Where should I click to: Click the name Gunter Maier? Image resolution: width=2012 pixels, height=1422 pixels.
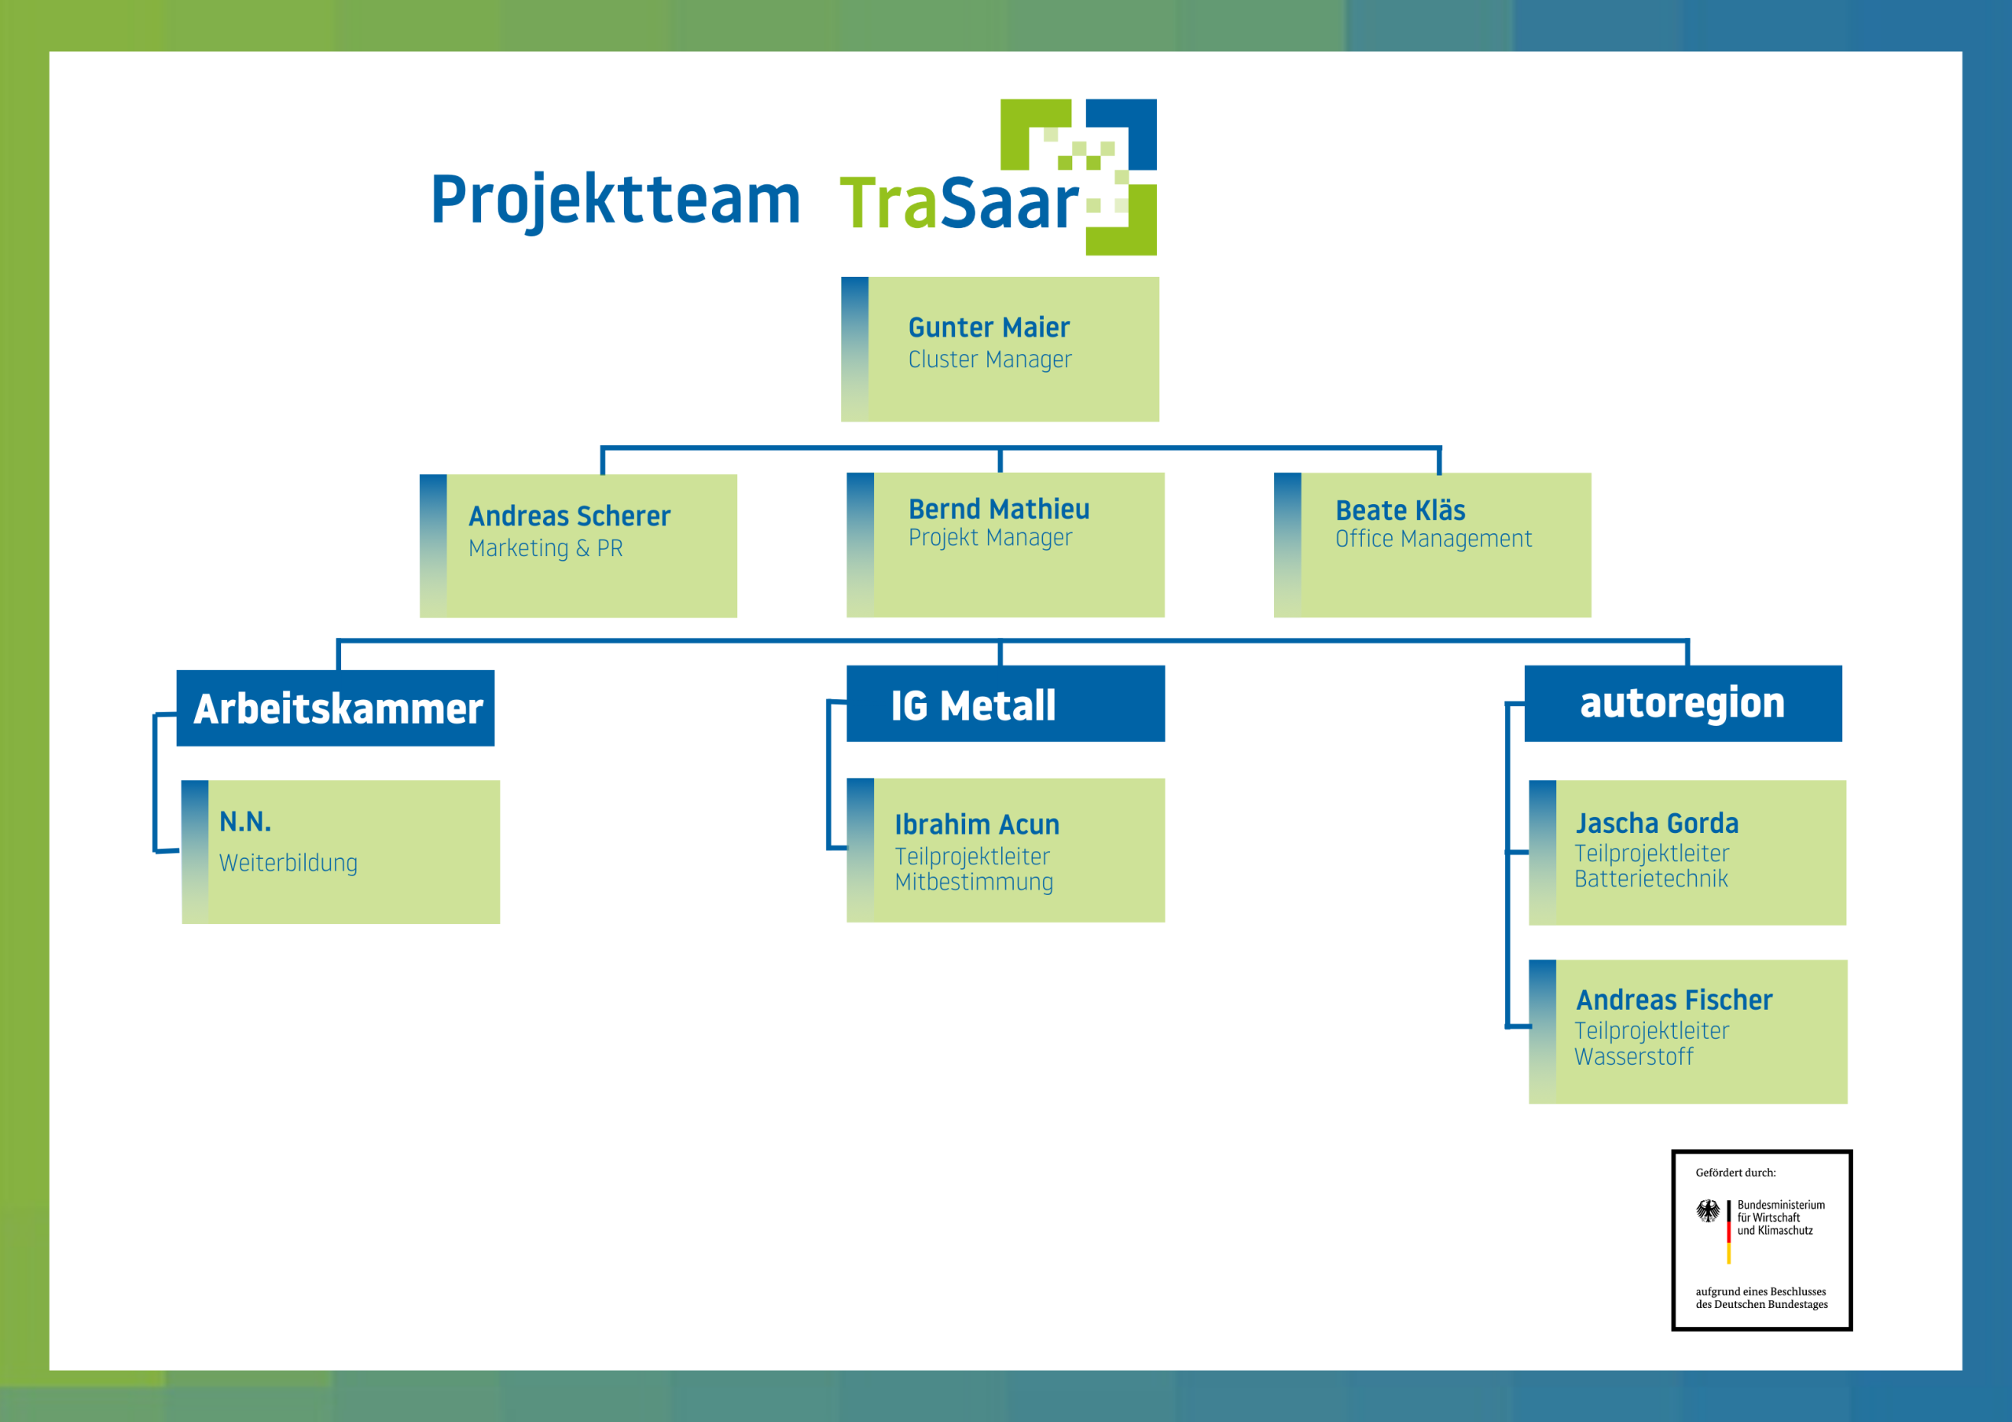pos(989,328)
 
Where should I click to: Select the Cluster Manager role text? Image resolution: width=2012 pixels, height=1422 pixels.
pos(989,359)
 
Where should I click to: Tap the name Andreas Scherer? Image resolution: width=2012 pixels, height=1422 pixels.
pos(570,517)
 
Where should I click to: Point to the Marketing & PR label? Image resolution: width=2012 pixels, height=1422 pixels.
pos(545,549)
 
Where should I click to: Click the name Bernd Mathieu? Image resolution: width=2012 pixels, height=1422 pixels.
pos(999,510)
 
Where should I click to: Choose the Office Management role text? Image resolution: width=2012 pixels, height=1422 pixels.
pos(1433,540)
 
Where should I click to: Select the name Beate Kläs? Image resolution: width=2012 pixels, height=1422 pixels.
pos(1400,510)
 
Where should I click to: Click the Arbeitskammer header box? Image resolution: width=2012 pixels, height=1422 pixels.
pos(336,709)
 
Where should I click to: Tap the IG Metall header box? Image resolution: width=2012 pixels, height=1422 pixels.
pos(1005,704)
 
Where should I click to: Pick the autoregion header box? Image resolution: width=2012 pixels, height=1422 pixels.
pos(1683,703)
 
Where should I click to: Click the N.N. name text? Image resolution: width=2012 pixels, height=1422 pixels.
pos(245,823)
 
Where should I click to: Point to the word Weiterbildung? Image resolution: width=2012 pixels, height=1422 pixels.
pos(288,863)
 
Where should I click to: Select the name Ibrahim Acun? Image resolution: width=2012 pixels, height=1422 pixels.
pos(977,825)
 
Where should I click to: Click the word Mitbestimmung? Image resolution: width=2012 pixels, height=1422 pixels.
pos(974,882)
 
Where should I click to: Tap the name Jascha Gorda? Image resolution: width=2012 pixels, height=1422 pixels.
pos(1656,823)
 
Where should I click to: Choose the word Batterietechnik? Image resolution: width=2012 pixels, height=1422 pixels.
pos(1651,879)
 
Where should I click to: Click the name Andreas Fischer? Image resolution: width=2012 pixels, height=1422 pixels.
pos(1674,1000)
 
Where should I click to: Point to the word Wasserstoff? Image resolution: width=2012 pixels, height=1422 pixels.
pos(1633,1057)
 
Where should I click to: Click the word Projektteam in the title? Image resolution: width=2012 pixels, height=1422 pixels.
pos(615,200)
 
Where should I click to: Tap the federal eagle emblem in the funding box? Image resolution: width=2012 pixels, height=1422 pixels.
pos(1707,1210)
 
